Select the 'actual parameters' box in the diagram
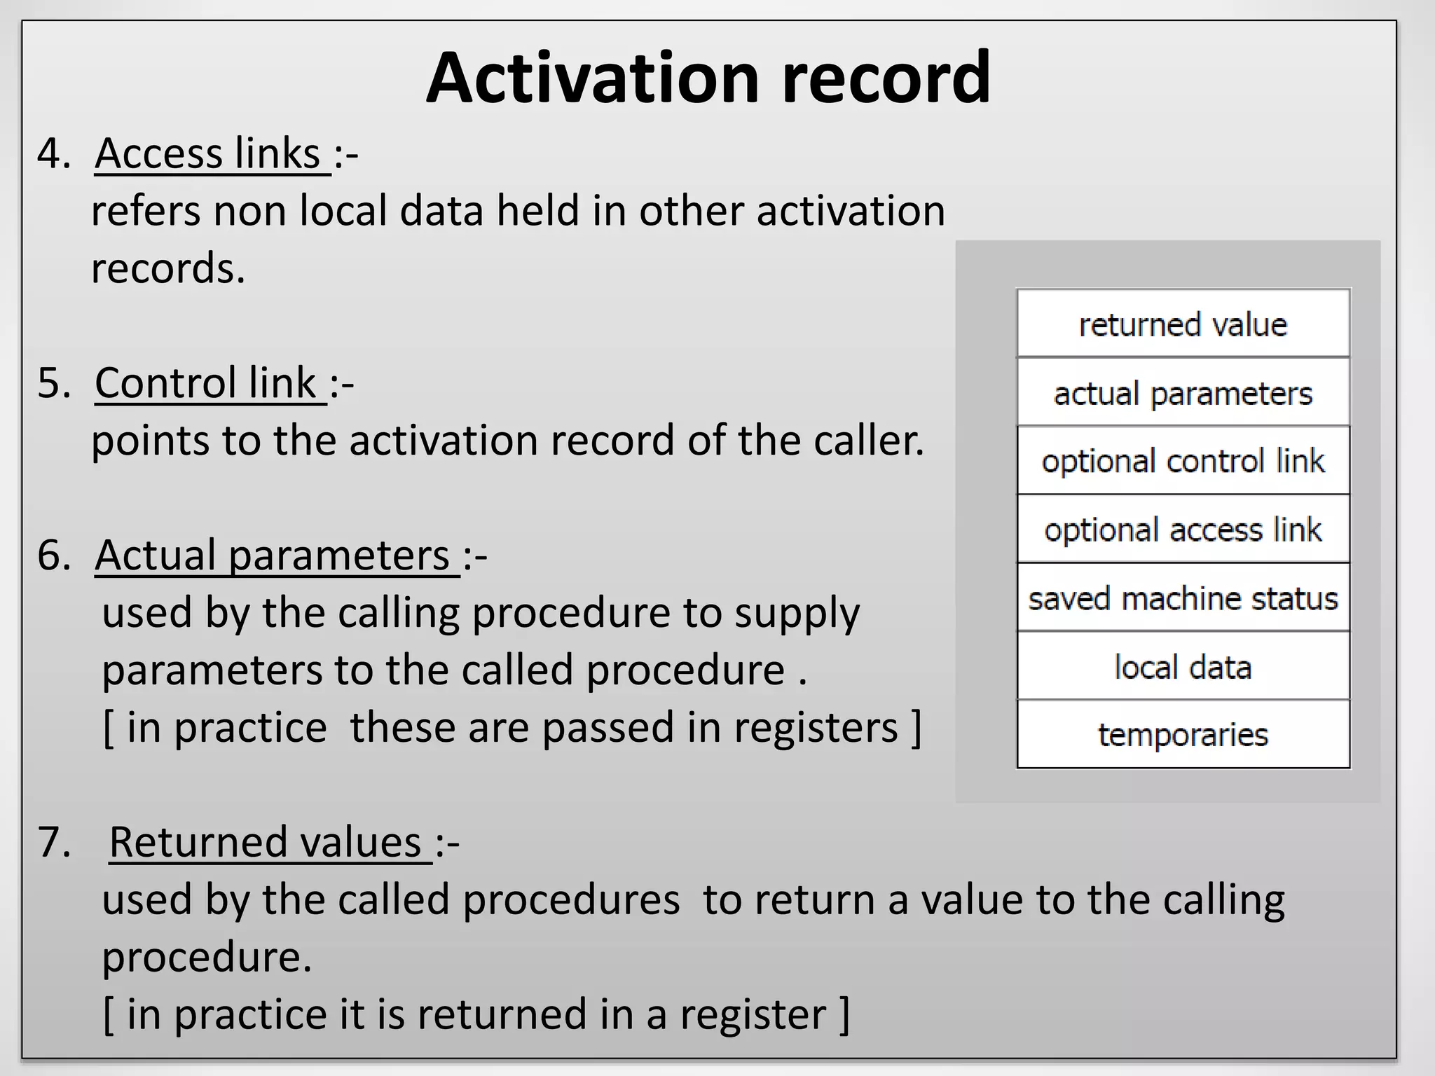coord(1183,393)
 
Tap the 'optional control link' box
coord(1183,461)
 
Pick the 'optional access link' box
coord(1183,530)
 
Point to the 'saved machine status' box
coord(1183,598)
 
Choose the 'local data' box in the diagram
coord(1183,667)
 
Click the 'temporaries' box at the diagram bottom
coord(1183,735)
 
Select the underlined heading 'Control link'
coord(206,383)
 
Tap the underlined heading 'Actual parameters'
coord(273,556)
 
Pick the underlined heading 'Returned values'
coord(266,842)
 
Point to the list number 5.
coord(53,383)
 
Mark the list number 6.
coord(53,556)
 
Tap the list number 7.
coord(53,842)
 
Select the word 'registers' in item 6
coord(816,728)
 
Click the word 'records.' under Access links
coord(168,268)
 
